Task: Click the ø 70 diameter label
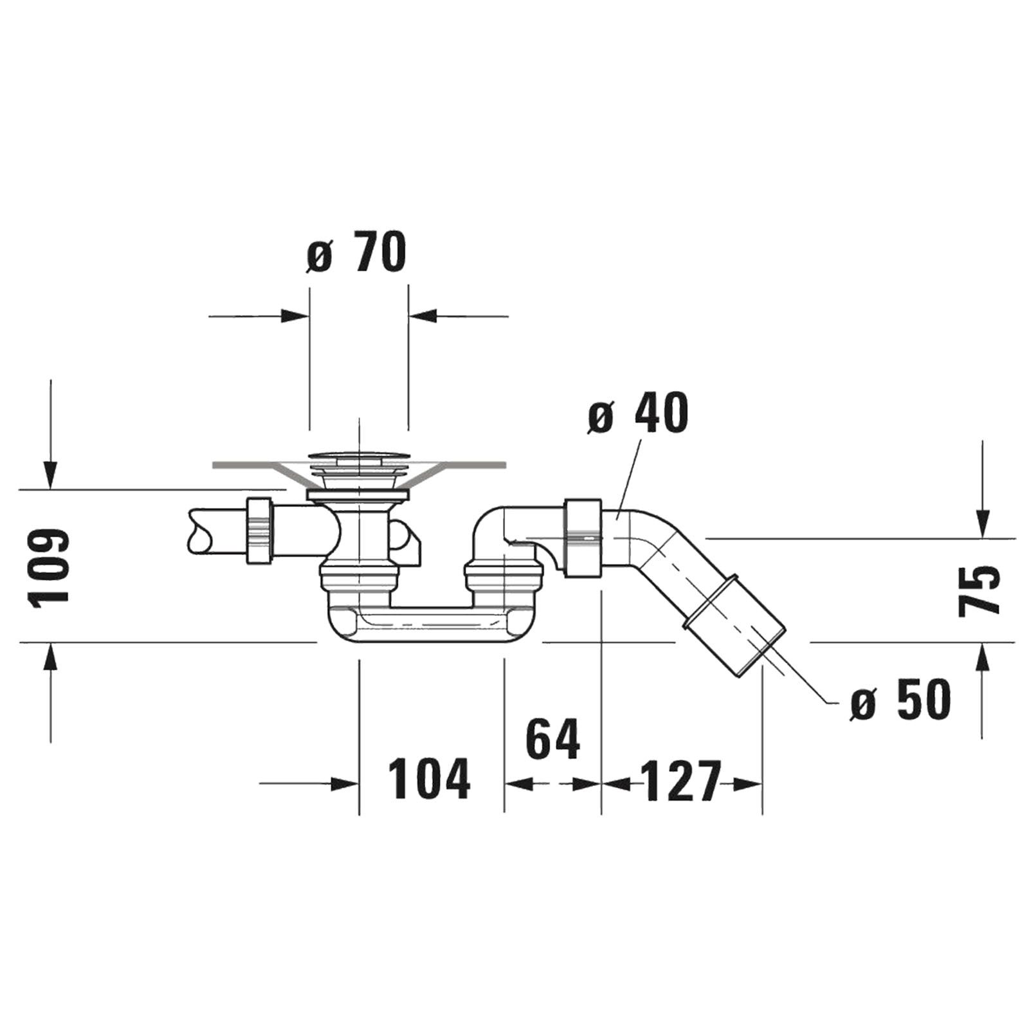coord(356,253)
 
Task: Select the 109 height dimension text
coord(49,567)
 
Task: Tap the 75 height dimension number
coord(979,591)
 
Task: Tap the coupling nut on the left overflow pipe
coord(260,531)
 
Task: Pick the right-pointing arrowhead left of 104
coord(344,784)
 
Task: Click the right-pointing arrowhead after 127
coord(747,784)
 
